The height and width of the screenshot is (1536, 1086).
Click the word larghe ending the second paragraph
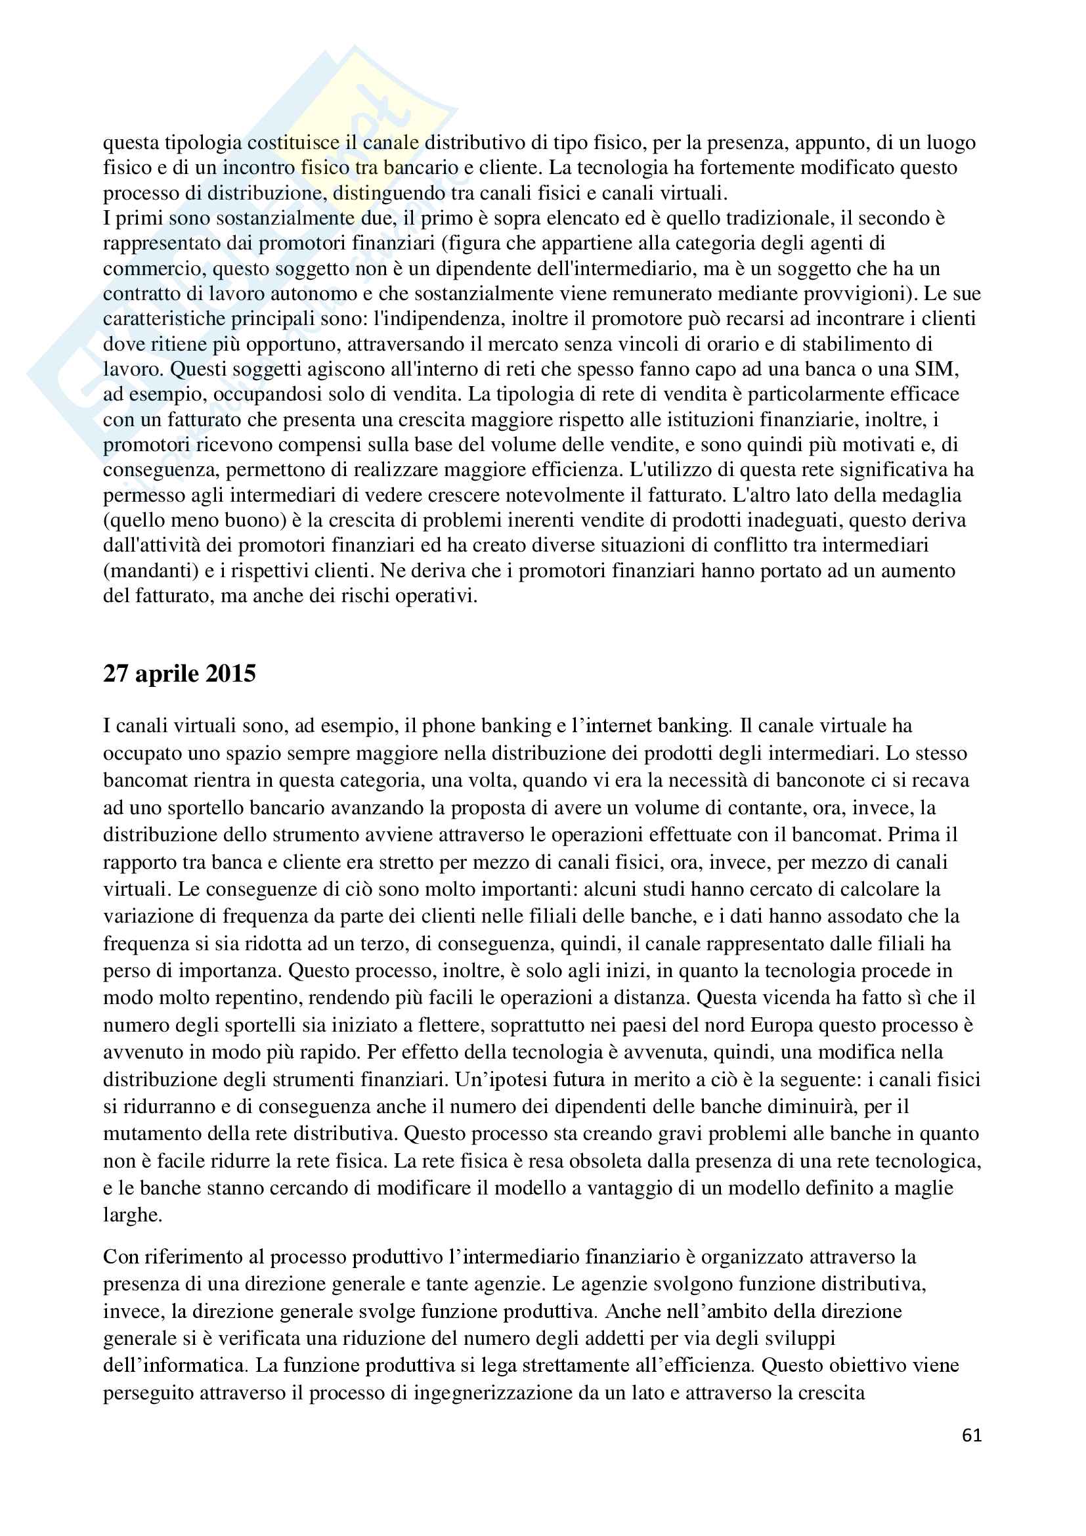(x=133, y=1215)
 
